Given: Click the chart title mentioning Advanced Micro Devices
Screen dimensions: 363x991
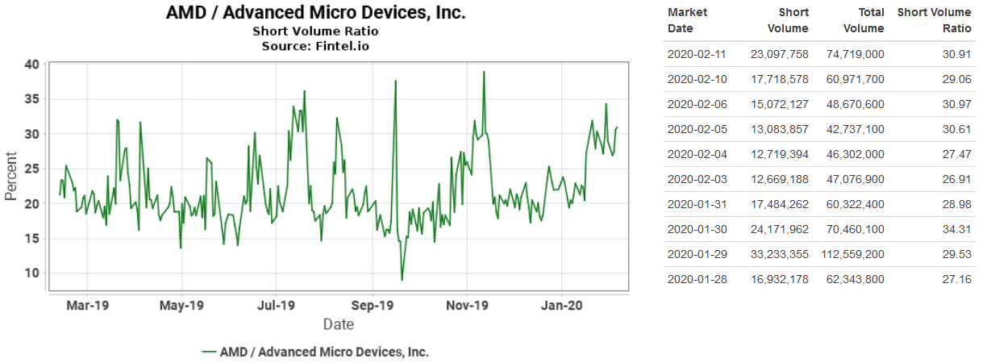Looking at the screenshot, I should (315, 13).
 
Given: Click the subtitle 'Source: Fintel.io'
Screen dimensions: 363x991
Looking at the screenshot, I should (315, 46).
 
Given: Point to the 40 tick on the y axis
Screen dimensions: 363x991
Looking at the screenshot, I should (31, 65).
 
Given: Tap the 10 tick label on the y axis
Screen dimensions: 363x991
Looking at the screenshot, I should (31, 273).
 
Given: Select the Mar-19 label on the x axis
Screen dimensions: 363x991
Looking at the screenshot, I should (87, 306).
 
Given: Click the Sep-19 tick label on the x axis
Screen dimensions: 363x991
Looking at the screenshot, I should (373, 306).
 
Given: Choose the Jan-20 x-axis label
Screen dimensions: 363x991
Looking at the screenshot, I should (561, 306).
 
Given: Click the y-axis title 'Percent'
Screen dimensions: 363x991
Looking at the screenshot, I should (11, 176).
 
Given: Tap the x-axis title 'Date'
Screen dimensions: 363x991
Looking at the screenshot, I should (338, 324).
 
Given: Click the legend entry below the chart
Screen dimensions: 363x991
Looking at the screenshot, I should (315, 352).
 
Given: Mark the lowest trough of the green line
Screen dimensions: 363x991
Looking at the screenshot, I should (402, 280).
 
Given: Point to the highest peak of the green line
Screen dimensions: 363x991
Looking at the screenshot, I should (484, 72).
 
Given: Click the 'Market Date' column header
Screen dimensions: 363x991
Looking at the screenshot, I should (688, 20).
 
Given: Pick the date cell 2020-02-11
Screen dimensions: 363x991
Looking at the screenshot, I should (697, 55).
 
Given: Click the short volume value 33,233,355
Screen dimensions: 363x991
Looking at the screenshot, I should (777, 254).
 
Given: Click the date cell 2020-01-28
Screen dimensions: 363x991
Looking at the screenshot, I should (697, 279).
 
